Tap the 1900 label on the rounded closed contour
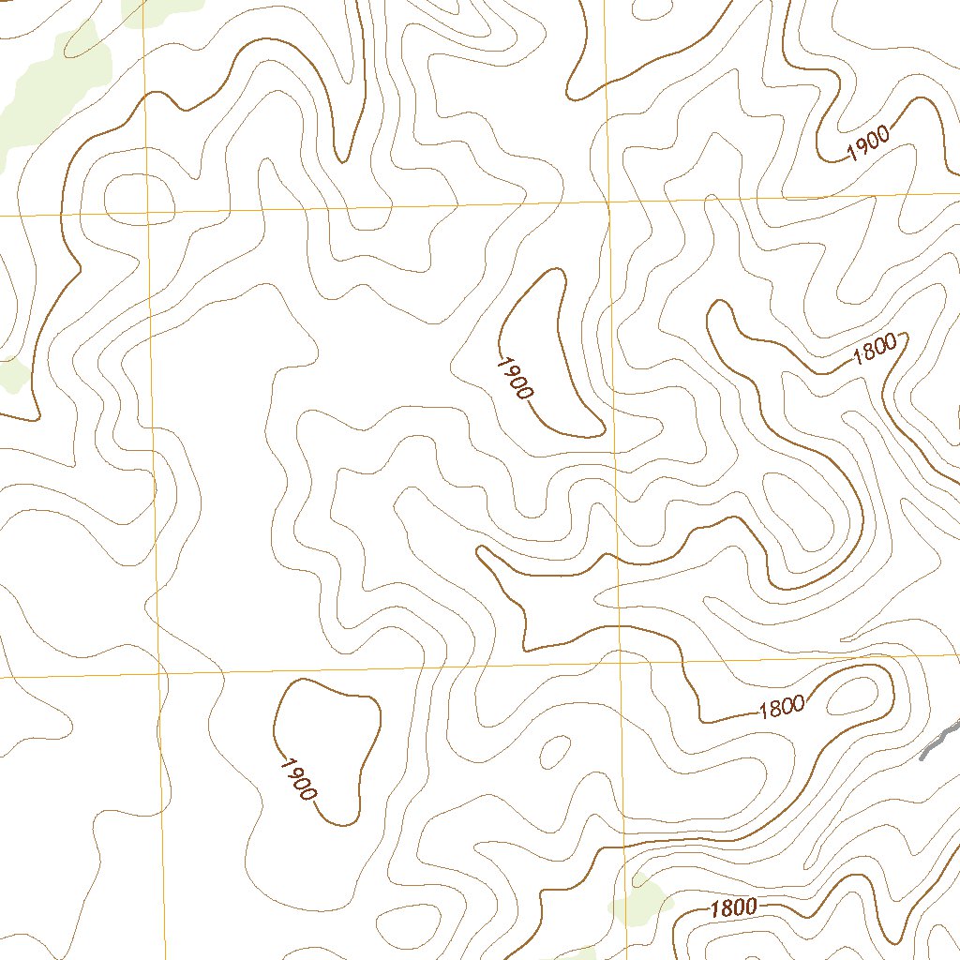coord(297,778)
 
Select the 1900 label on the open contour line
coord(867,143)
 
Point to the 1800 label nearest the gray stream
coord(781,707)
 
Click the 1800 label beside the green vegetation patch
coord(733,907)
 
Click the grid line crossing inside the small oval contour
coord(147,200)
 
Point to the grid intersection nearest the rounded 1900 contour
coord(158,673)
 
